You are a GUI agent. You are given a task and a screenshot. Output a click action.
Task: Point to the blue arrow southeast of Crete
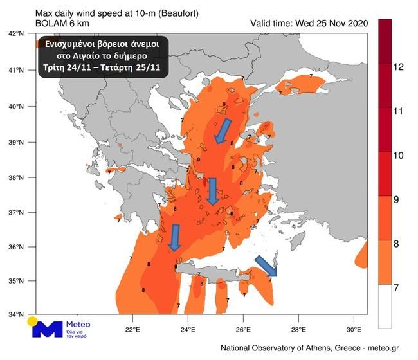click(266, 265)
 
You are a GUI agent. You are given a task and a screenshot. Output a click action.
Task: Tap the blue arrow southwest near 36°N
click(174, 237)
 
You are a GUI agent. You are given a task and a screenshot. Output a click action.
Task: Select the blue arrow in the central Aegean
click(213, 191)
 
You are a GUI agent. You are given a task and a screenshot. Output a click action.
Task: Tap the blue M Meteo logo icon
click(47, 329)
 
